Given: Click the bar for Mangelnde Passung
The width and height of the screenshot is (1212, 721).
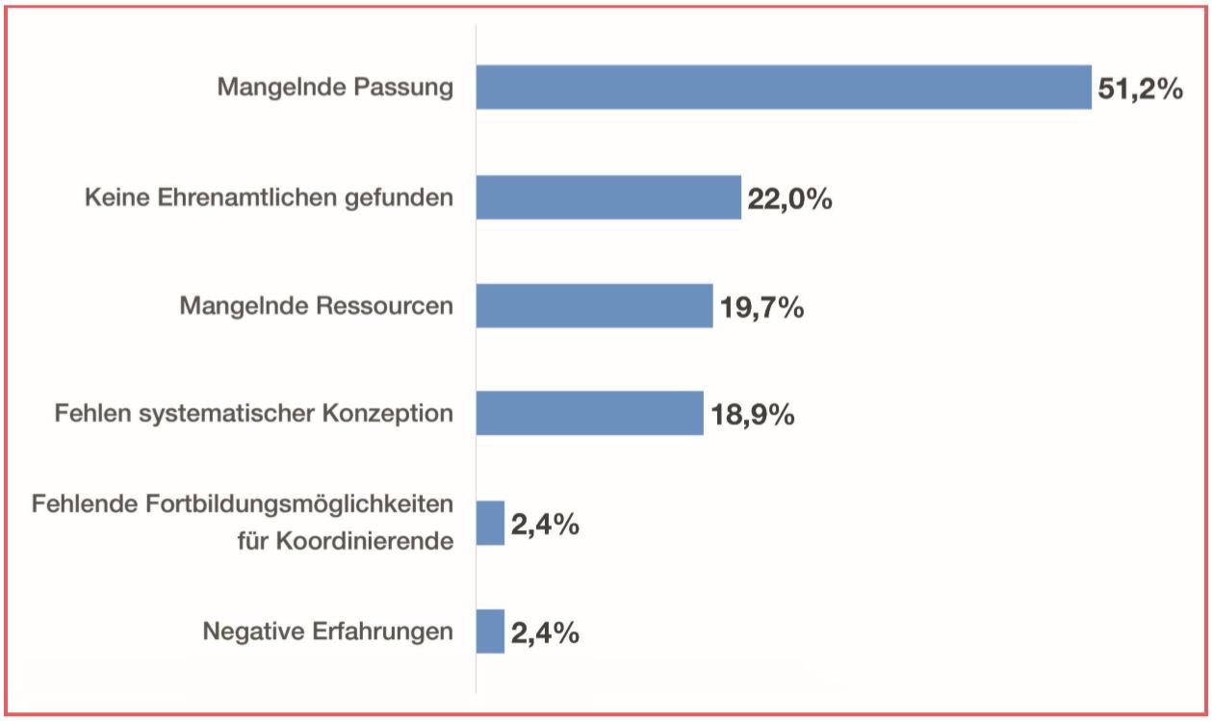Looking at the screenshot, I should click(784, 87).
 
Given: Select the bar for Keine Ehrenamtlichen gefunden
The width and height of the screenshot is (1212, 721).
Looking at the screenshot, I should click(608, 197).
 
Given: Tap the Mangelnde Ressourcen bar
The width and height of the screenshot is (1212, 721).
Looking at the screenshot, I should click(594, 305).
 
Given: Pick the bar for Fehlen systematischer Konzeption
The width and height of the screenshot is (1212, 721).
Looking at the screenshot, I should click(589, 413).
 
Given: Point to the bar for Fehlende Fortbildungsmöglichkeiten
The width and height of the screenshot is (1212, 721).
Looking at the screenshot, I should click(490, 523).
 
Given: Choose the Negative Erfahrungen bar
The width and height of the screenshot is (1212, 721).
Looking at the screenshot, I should click(490, 631).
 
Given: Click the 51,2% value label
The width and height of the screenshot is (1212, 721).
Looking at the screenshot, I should click(1139, 90).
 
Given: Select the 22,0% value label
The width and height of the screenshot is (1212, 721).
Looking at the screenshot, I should click(788, 200).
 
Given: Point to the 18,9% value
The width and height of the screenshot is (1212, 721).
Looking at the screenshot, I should click(752, 416).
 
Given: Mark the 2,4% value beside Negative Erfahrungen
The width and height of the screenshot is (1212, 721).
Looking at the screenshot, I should click(544, 633).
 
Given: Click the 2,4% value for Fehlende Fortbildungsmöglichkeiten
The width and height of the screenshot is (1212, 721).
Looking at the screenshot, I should click(544, 526).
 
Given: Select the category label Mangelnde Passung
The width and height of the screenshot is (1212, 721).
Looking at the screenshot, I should click(334, 88).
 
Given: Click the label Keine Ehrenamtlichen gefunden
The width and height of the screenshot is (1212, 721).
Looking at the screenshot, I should click(269, 198).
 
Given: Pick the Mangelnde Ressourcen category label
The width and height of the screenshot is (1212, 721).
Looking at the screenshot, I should click(316, 306).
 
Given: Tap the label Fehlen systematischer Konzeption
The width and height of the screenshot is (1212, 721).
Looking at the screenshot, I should click(253, 414).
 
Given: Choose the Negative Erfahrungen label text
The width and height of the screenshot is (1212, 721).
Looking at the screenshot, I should click(327, 631).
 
